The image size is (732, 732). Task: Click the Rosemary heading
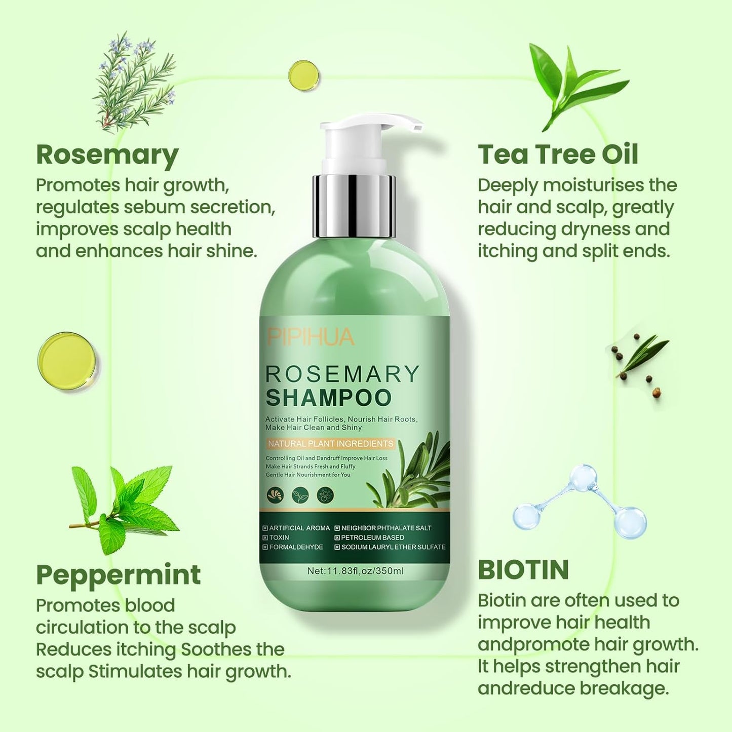[107, 155]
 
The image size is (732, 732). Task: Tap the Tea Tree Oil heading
[557, 155]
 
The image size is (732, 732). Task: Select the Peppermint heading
[118, 575]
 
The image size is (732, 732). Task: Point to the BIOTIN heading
[523, 570]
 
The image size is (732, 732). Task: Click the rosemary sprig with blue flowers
[133, 80]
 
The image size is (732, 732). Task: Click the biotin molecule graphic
[581, 502]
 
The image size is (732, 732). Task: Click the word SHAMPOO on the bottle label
[328, 398]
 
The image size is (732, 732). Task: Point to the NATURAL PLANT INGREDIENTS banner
[330, 444]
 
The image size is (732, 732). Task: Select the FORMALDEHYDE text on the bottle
[296, 547]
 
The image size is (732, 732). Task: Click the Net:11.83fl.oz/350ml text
[355, 571]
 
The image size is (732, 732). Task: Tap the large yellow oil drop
[66, 360]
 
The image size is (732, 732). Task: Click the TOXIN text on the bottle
[279, 537]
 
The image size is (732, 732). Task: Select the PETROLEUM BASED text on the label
[372, 537]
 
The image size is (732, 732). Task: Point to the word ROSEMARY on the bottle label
[342, 374]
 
